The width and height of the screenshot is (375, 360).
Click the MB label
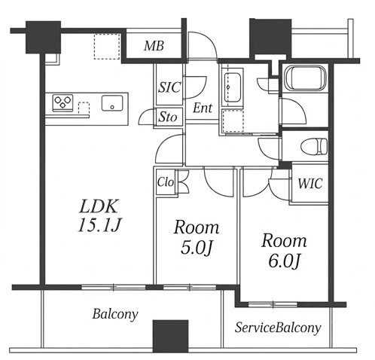(x=154, y=46)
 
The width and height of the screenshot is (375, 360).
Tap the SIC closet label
(x=169, y=87)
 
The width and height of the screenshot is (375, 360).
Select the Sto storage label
(x=168, y=117)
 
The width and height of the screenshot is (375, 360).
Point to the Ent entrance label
(x=203, y=108)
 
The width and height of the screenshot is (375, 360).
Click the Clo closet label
(x=166, y=182)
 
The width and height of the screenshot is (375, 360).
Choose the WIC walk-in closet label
(x=310, y=183)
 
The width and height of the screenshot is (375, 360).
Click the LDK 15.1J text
(x=99, y=215)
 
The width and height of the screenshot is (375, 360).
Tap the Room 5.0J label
(x=197, y=237)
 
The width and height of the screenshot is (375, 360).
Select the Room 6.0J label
(x=284, y=251)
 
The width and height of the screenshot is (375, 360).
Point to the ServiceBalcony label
(x=278, y=328)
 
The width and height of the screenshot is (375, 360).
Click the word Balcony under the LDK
(x=115, y=314)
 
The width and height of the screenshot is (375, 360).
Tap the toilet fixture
(x=314, y=146)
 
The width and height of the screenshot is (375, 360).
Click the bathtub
(x=305, y=78)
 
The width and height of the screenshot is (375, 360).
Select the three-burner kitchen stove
(x=62, y=102)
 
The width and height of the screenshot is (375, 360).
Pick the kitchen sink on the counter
(x=112, y=103)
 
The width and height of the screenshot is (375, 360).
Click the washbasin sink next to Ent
(x=233, y=87)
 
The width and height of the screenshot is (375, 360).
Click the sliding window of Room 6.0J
(x=273, y=304)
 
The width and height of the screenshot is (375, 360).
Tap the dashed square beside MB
(x=107, y=47)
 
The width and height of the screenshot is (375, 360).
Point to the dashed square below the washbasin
(x=233, y=121)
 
